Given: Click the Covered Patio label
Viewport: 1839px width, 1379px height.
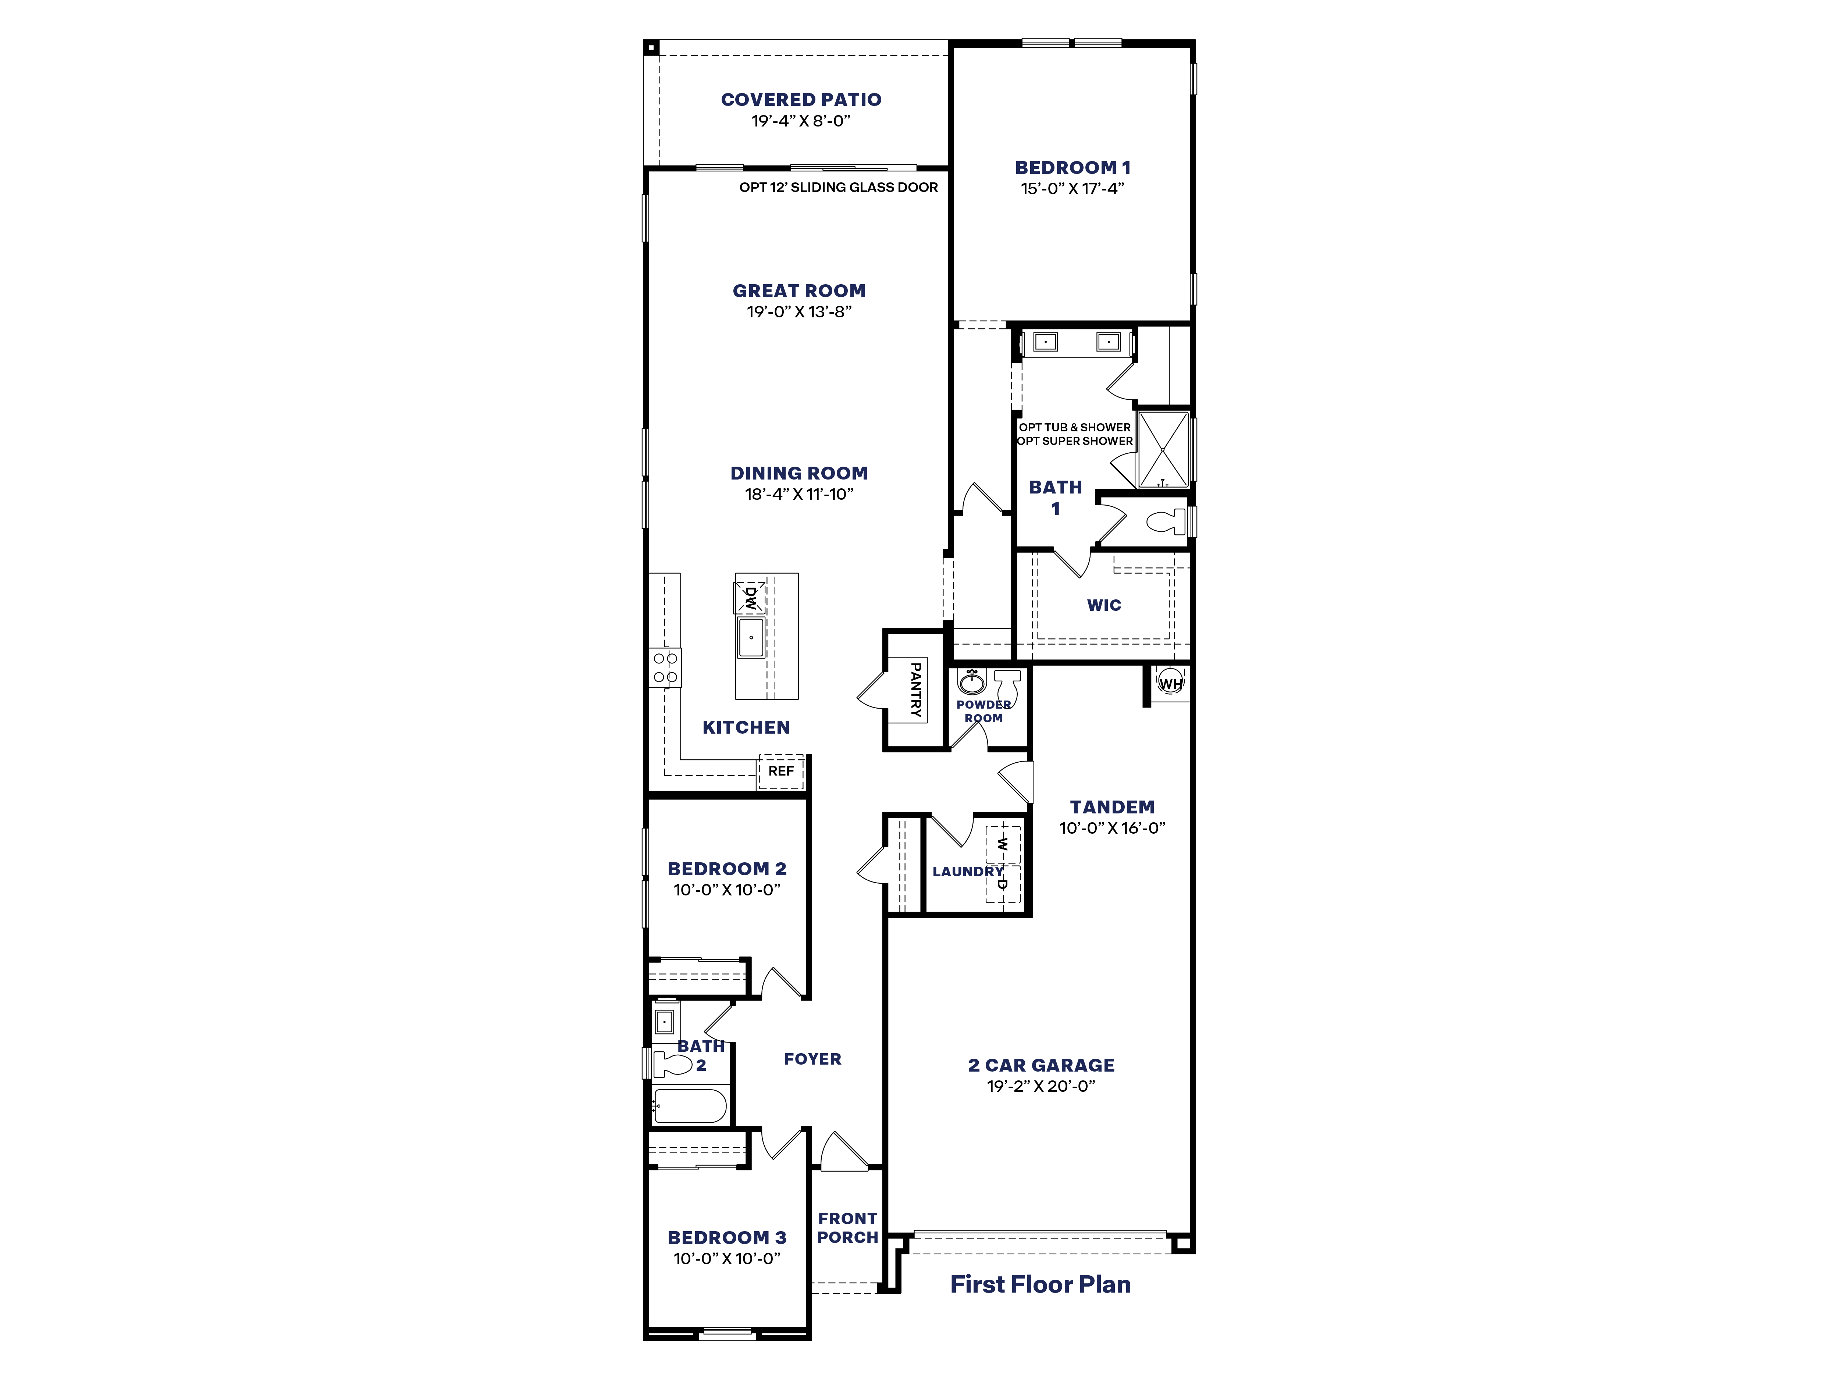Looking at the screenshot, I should click(x=801, y=100).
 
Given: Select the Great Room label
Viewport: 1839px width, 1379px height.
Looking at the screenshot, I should click(x=799, y=291).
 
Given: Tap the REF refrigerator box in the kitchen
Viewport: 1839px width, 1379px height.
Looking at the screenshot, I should click(x=781, y=772).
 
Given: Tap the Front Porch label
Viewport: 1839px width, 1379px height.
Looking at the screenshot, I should click(x=847, y=1228).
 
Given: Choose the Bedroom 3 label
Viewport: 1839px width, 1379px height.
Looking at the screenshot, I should click(x=727, y=1238).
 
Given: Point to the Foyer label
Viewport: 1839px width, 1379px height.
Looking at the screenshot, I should click(x=812, y=1059).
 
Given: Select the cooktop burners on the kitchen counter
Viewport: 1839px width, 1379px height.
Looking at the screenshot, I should click(x=665, y=667).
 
